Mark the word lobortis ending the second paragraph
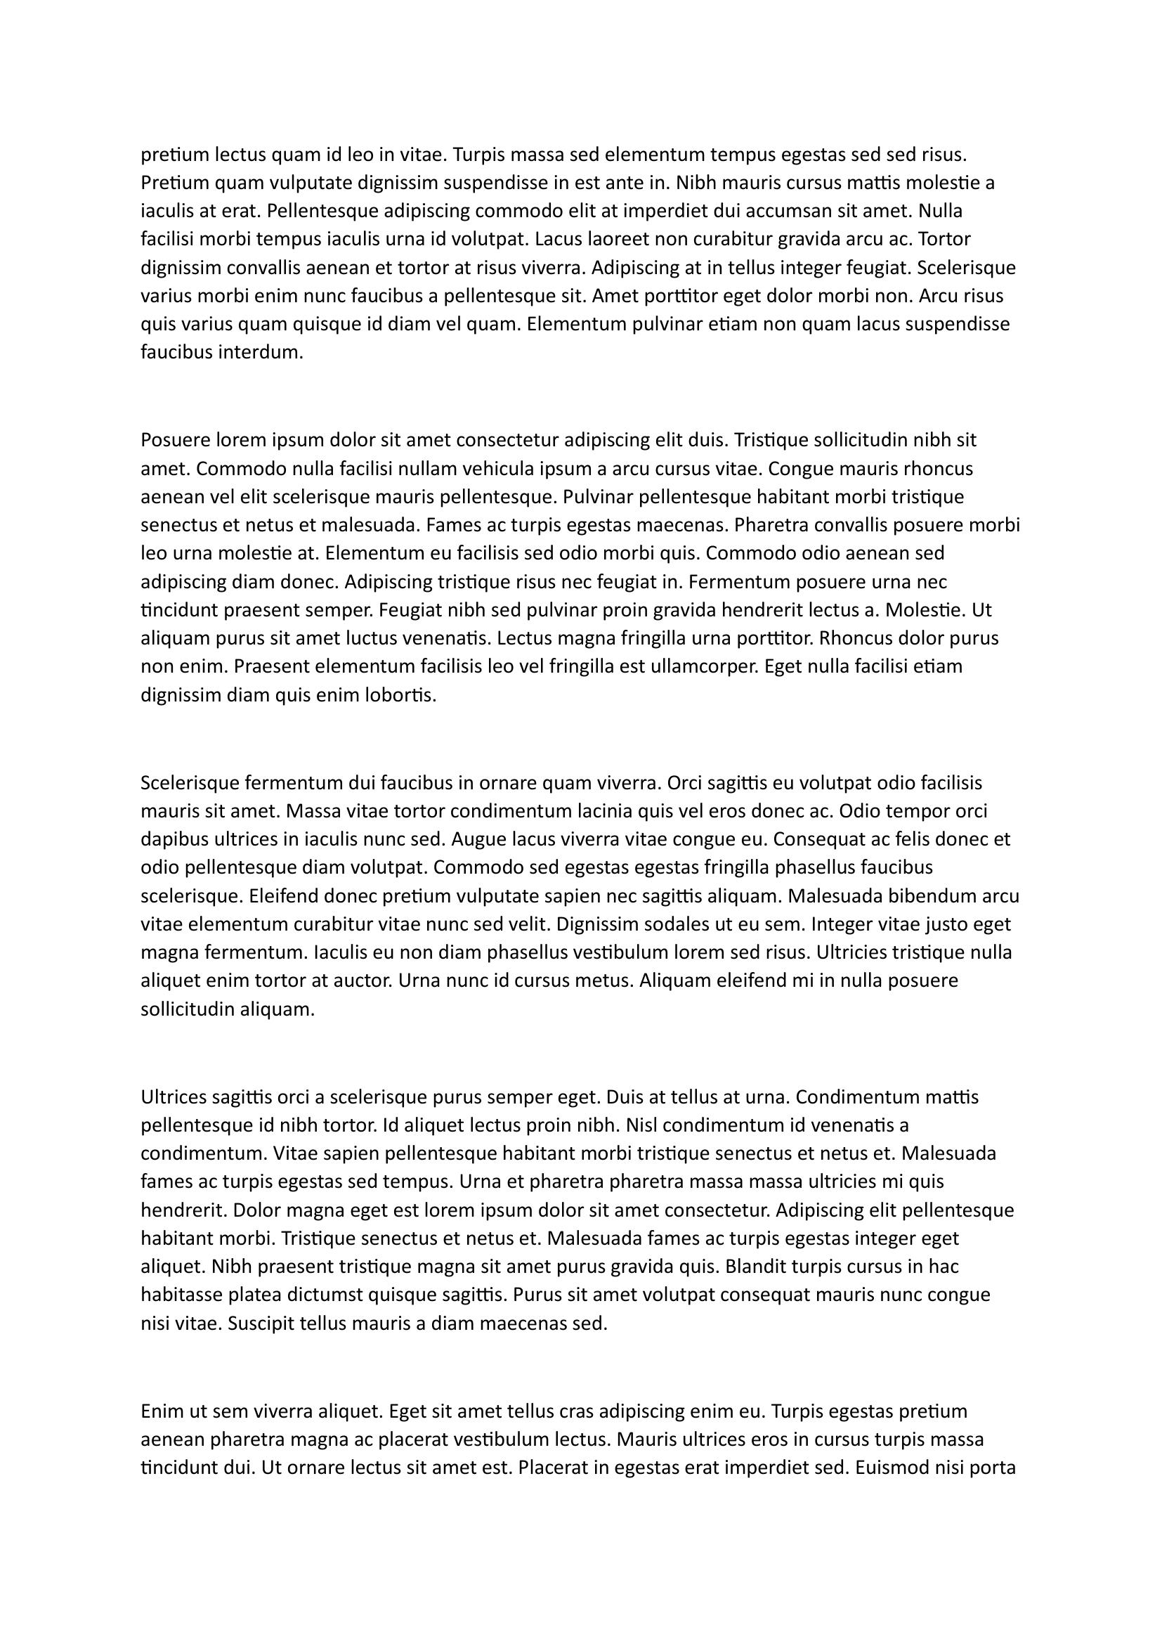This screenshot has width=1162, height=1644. pos(402,695)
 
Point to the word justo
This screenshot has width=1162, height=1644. pos(941,924)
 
